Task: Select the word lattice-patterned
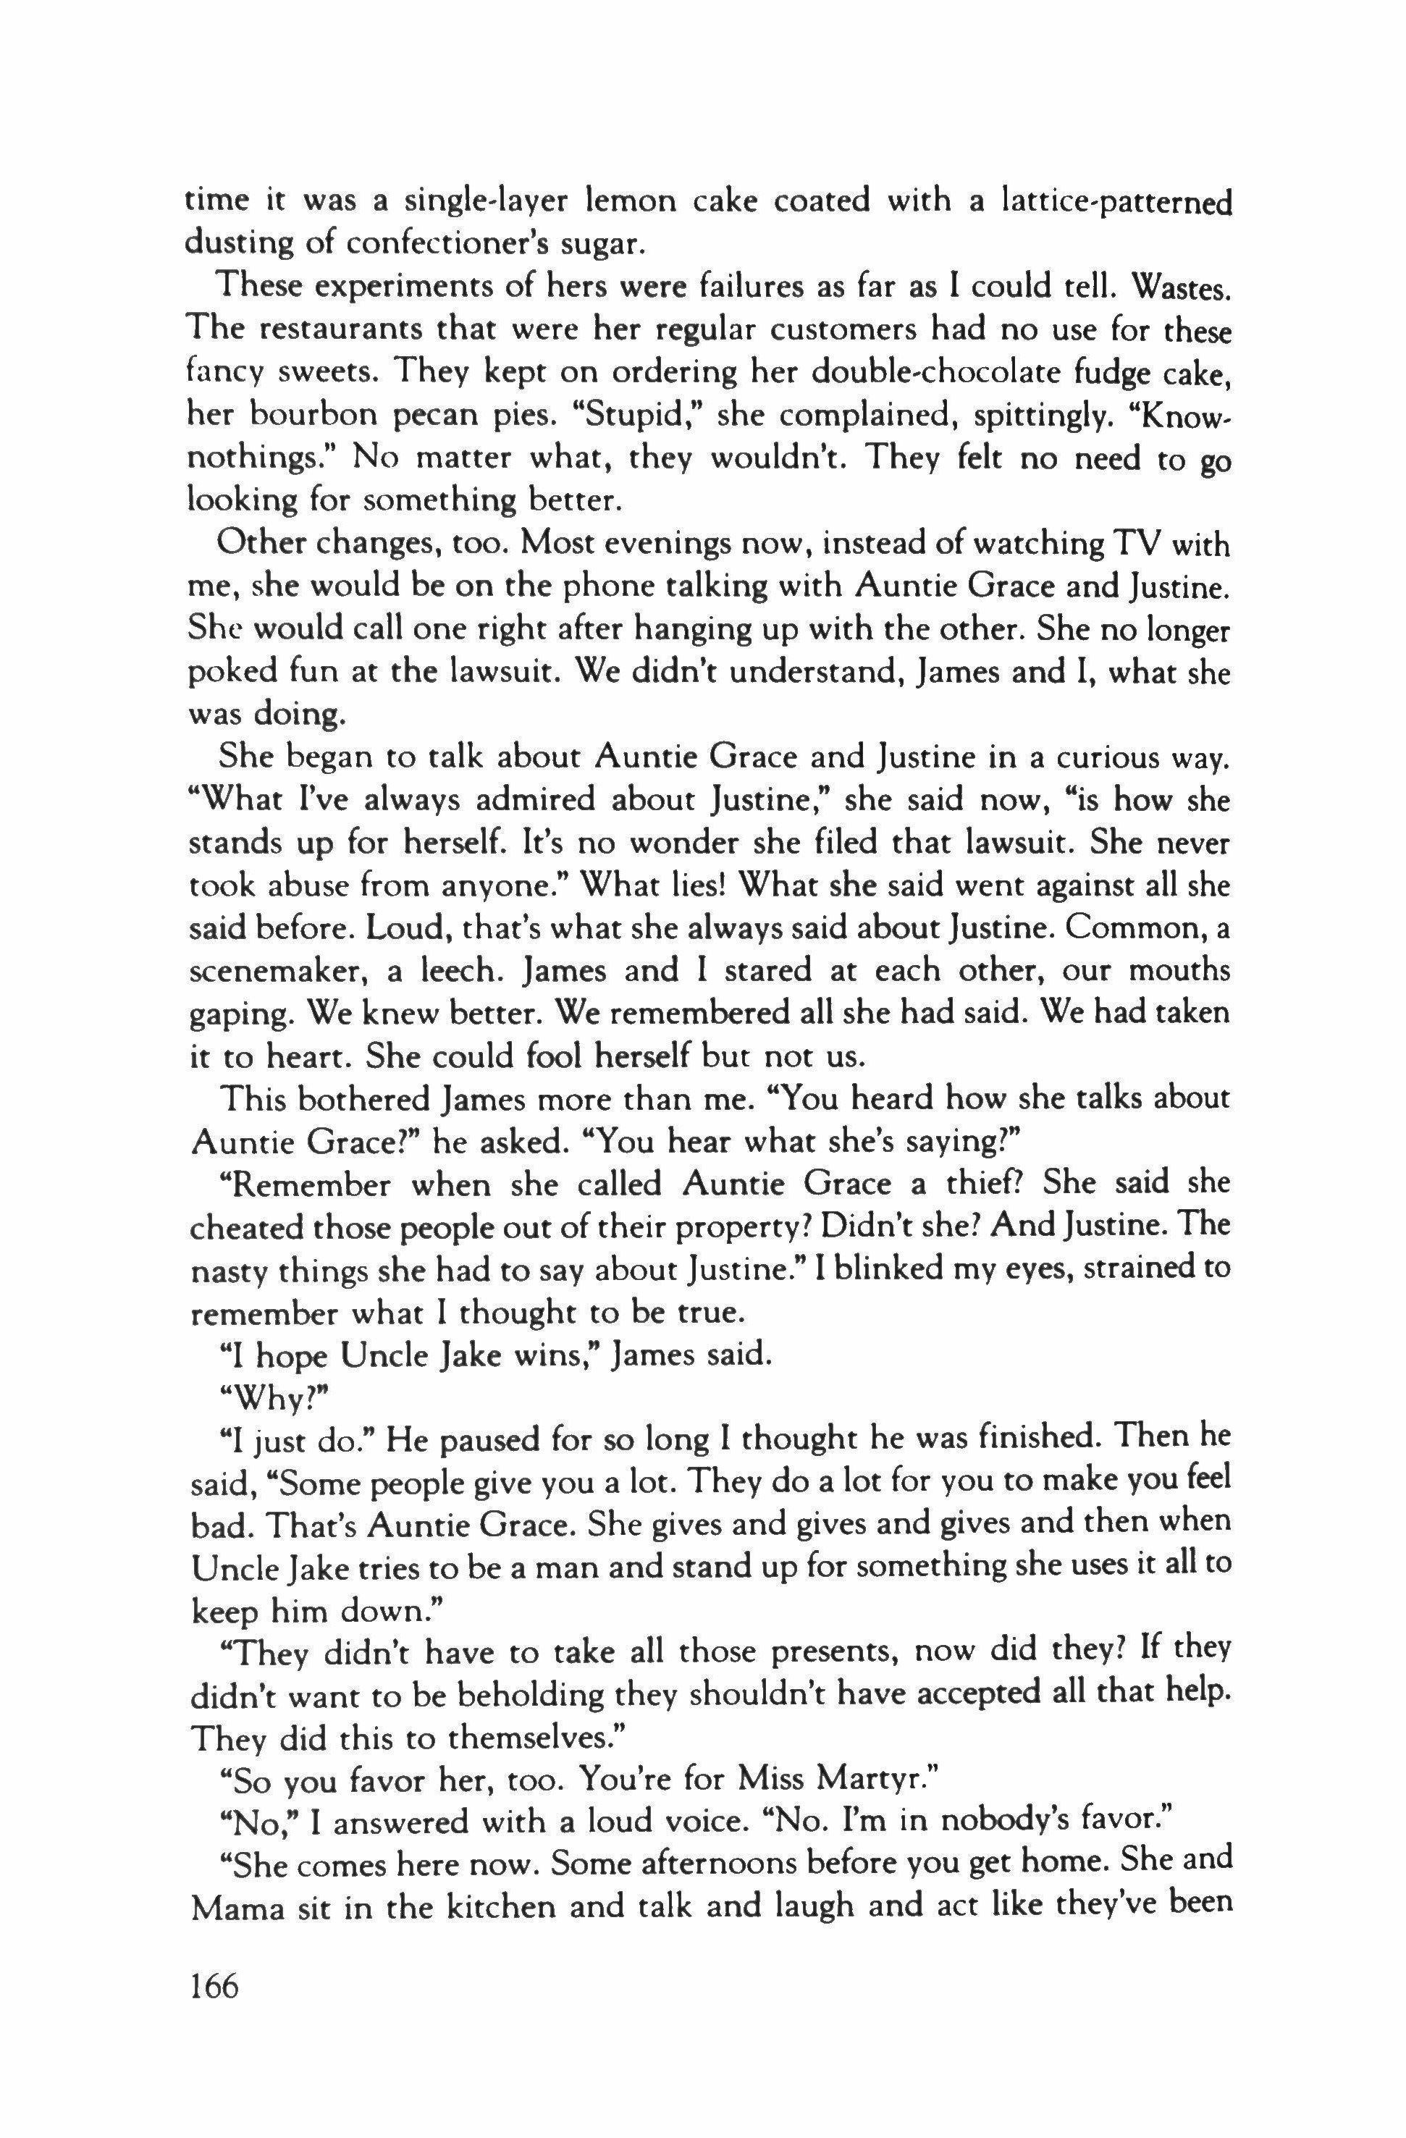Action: [x=1115, y=201]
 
